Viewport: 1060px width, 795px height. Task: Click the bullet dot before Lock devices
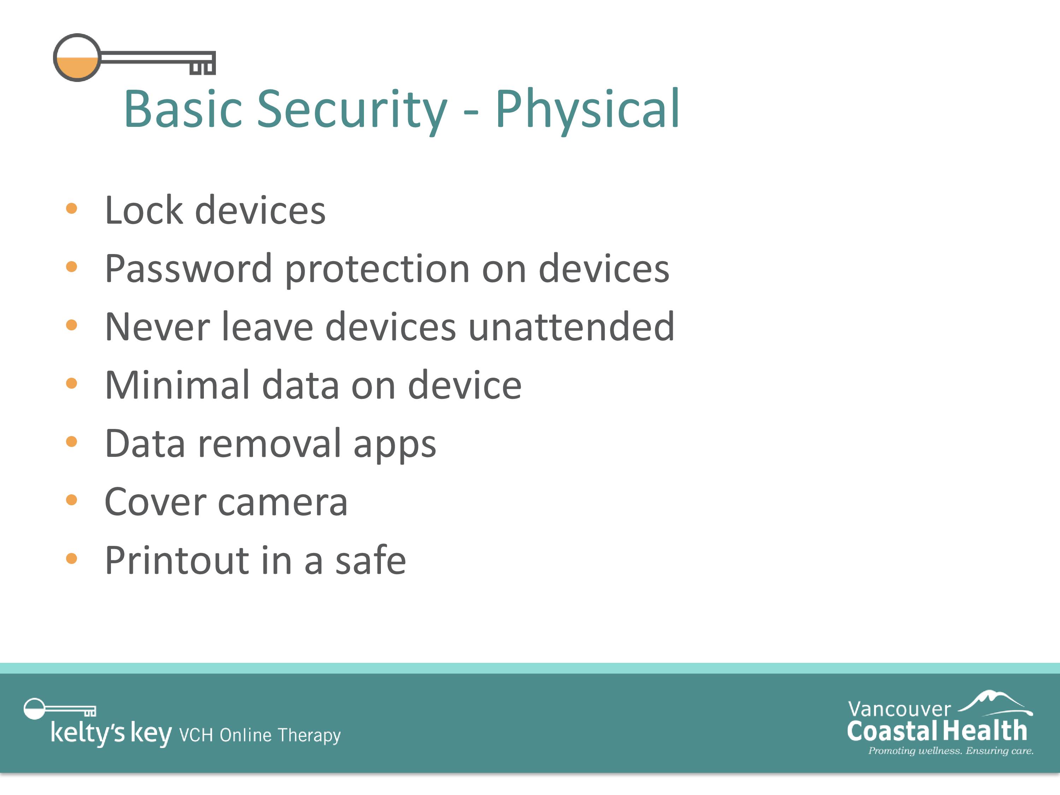coord(71,208)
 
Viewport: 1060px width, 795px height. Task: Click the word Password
coord(189,269)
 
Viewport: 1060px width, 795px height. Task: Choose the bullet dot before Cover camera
coord(71,500)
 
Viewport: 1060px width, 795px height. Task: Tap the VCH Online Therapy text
coord(260,735)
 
